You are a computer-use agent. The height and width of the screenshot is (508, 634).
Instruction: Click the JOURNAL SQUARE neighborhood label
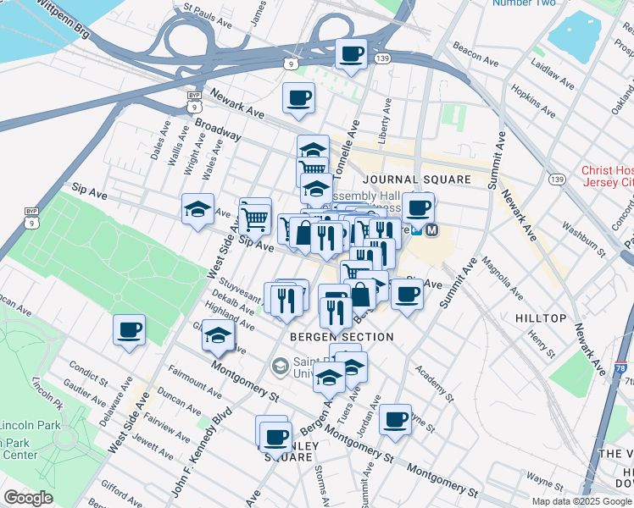[416, 179]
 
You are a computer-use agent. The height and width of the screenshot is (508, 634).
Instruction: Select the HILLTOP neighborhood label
[540, 317]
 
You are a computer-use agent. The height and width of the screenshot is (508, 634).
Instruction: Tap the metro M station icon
[432, 229]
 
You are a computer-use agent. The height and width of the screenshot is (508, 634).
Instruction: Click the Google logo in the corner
[28, 498]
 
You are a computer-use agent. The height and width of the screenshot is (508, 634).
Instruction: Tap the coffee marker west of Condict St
[129, 329]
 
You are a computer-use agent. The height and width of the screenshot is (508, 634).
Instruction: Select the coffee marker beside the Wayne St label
[394, 418]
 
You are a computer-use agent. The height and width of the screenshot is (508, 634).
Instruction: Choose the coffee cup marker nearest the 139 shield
[351, 53]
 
